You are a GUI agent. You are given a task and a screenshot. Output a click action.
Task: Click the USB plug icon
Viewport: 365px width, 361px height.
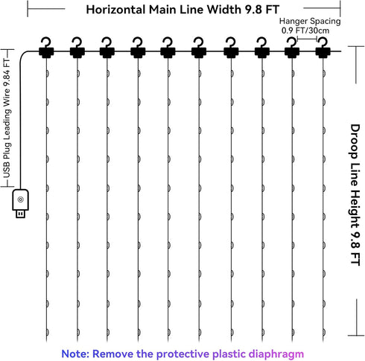pos(20,203)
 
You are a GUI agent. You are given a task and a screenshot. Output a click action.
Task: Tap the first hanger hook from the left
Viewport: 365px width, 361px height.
pos(46,48)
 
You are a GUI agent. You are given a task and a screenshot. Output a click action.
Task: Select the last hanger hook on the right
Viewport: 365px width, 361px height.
pos(323,48)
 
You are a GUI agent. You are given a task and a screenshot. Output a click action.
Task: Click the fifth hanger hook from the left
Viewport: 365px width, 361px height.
pos(168,48)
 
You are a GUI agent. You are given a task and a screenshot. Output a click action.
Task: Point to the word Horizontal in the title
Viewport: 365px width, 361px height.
pos(115,10)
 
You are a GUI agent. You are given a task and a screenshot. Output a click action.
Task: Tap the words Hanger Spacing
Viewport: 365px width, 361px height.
pos(310,21)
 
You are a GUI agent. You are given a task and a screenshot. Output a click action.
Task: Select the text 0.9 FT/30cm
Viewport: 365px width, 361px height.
pos(305,31)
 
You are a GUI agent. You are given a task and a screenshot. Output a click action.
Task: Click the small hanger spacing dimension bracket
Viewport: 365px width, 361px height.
pos(307,39)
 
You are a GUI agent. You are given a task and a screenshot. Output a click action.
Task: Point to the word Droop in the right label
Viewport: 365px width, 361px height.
pos(355,141)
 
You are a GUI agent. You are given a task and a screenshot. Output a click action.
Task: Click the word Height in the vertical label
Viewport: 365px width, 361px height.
pos(355,208)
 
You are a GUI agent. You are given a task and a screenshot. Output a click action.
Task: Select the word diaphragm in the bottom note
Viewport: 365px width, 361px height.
pos(276,354)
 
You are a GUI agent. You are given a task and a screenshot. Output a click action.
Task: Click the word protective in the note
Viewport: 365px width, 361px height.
pos(182,354)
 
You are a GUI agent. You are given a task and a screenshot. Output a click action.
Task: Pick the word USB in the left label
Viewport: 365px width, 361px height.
pos(7,170)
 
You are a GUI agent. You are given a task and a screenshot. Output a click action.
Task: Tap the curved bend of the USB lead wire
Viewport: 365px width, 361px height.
pos(24,54)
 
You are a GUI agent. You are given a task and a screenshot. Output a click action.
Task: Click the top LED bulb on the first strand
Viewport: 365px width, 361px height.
pos(47,74)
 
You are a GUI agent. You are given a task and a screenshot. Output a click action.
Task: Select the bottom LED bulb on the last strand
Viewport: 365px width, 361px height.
pos(324,332)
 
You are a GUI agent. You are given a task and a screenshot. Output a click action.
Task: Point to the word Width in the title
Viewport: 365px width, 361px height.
pos(224,10)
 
